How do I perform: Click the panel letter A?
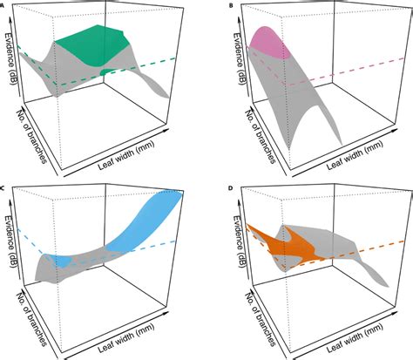4,4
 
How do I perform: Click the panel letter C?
4,187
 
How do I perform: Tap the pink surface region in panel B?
267,44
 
